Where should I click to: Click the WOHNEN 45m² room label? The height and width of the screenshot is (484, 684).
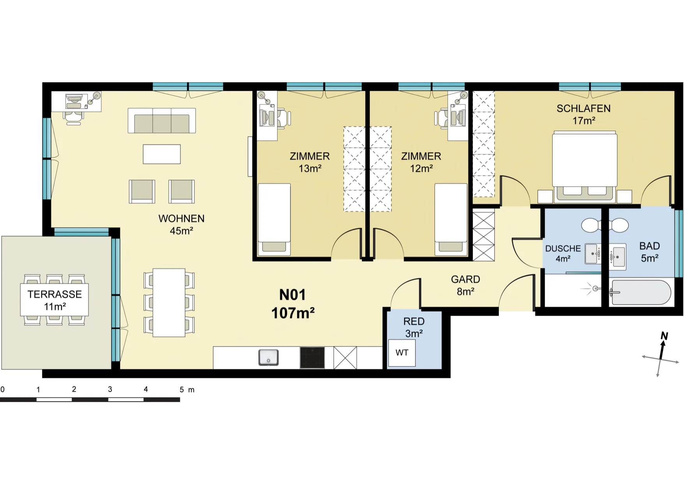(x=181, y=224)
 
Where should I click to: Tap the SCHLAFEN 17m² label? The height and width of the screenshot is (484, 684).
(x=583, y=114)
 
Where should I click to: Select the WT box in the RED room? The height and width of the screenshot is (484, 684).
(x=402, y=353)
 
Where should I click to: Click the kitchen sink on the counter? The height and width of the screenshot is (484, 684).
(x=269, y=357)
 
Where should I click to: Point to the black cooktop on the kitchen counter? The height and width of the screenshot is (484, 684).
(x=312, y=358)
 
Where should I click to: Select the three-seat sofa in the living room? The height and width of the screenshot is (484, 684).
(x=162, y=121)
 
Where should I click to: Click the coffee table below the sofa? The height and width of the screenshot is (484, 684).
(x=162, y=154)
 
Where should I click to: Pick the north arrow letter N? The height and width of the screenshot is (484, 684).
(x=664, y=336)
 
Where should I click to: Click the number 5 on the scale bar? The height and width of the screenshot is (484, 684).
(x=182, y=390)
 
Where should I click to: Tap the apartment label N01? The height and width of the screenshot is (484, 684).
(x=292, y=295)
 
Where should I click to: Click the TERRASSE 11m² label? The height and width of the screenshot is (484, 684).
(x=55, y=300)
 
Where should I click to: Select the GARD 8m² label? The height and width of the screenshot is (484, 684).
(x=465, y=285)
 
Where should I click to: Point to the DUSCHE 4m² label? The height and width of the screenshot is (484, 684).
(x=563, y=254)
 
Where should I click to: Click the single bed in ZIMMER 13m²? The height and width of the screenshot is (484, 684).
(x=274, y=219)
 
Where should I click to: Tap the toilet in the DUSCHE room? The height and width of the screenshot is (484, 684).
(x=592, y=225)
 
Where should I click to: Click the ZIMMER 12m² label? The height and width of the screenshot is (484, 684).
(x=421, y=162)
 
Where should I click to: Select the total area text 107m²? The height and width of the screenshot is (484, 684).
(x=293, y=313)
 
